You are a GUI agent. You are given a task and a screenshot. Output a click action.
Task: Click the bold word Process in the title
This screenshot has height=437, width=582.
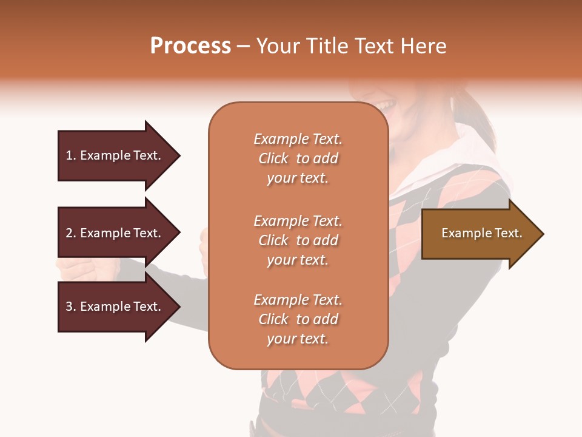[190, 46]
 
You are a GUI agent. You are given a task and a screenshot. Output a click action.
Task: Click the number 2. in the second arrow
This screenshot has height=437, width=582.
[71, 233]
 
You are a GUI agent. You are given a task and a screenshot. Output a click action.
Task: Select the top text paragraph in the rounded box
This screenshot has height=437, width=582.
[298, 158]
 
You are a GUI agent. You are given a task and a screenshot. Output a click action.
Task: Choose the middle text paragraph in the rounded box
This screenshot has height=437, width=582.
[298, 240]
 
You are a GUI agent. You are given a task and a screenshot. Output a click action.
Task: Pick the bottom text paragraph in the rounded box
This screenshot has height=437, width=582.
[298, 319]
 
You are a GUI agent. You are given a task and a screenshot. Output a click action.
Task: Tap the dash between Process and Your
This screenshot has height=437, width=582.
[243, 47]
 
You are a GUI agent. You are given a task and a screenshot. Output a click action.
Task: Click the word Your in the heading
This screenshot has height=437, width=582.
[276, 46]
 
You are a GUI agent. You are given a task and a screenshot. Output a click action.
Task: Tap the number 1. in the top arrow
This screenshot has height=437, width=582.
[71, 155]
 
